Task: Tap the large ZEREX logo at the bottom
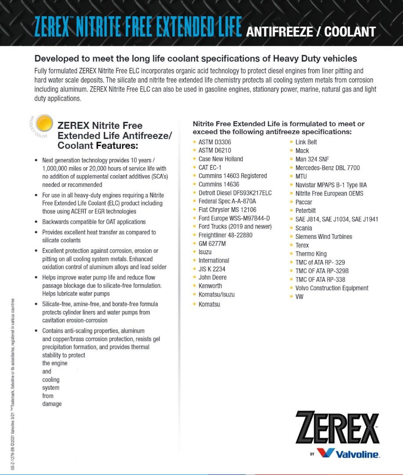tap(337, 427)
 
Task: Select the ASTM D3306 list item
tap(214, 142)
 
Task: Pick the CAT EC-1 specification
tap(210, 168)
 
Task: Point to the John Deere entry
tap(212, 278)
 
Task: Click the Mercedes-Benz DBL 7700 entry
tap(327, 168)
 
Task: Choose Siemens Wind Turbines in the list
tap(323, 237)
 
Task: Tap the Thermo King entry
tap(311, 254)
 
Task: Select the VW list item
tap(299, 296)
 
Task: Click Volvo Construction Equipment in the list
tap(332, 288)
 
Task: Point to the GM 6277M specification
tap(212, 244)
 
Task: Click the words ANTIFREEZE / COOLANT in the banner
tap(311, 32)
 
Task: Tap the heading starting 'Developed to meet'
tap(196, 58)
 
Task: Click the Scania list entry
tap(304, 228)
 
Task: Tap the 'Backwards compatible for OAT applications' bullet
tap(94, 222)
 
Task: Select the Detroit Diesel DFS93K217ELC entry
tap(235, 193)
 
